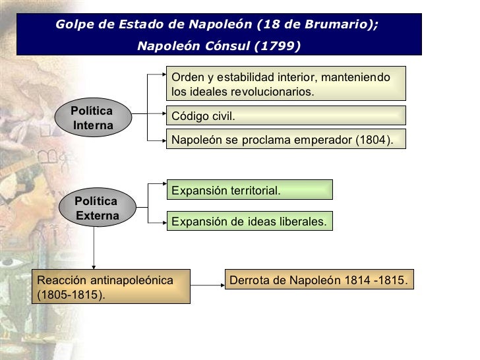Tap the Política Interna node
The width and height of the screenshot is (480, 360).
[92, 119]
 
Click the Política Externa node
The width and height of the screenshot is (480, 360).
[96, 208]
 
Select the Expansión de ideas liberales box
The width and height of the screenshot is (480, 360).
[249, 222]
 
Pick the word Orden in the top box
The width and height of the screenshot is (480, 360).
[187, 77]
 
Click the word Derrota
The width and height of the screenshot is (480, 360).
[249, 280]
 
